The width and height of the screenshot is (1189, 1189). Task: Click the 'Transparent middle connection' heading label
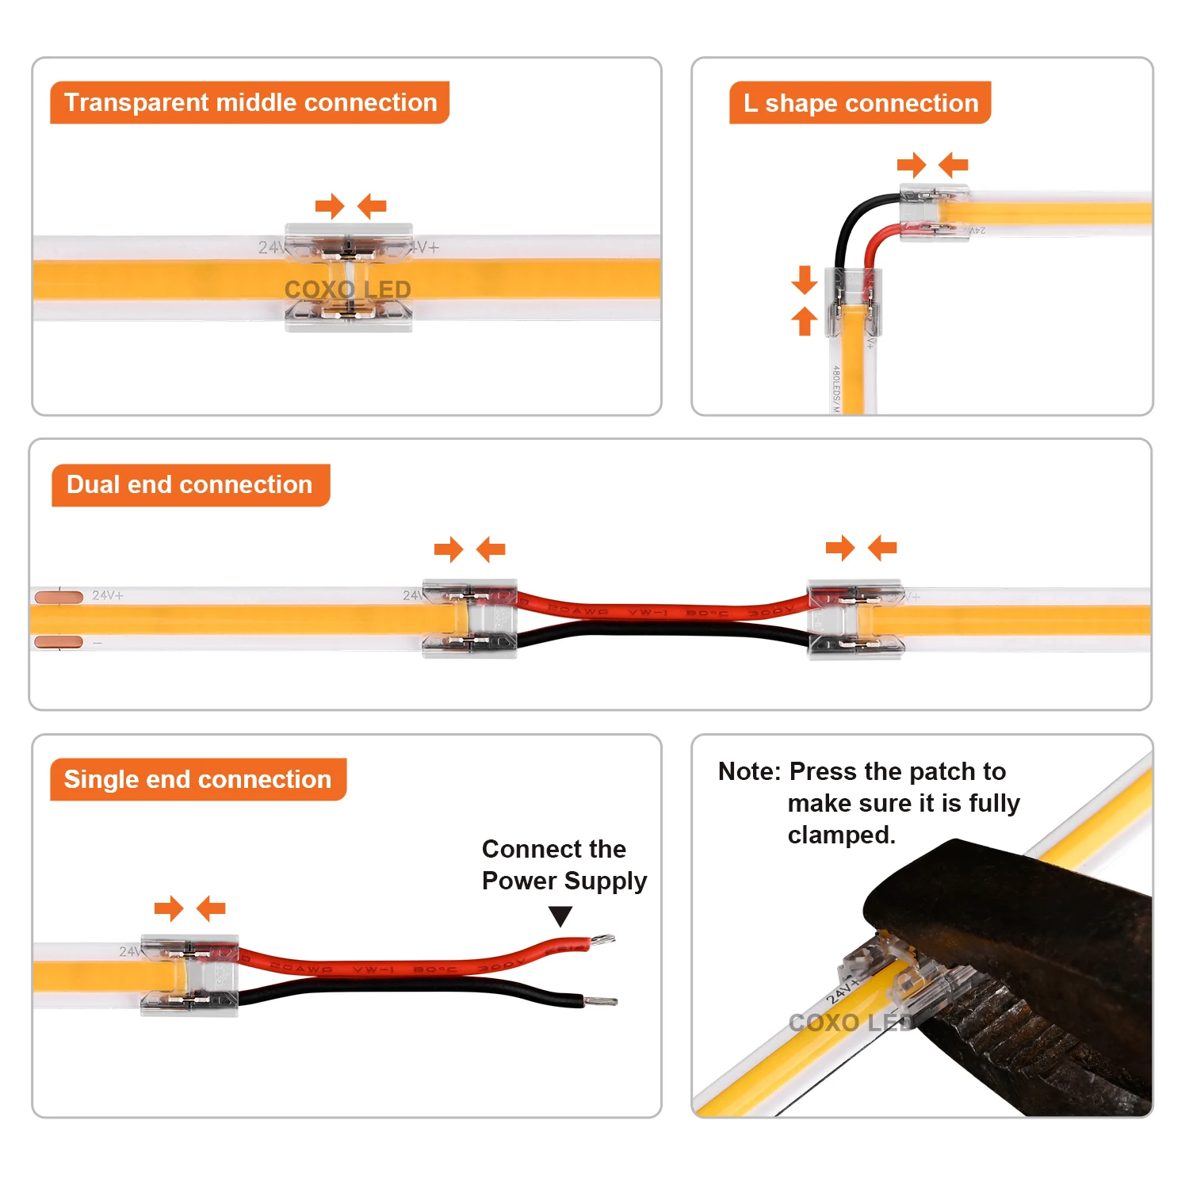click(x=250, y=102)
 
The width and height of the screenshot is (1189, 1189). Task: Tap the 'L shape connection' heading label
click(x=860, y=103)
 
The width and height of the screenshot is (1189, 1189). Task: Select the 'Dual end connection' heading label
click(x=190, y=484)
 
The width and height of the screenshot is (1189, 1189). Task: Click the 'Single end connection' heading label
click(x=198, y=779)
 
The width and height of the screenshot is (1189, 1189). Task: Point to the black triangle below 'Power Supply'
click(x=560, y=916)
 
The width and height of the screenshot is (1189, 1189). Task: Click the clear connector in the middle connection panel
click(x=349, y=277)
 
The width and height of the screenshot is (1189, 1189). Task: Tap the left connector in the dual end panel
click(x=470, y=619)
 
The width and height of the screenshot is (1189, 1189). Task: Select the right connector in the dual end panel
click(x=855, y=619)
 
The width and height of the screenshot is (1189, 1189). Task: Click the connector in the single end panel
click(x=189, y=975)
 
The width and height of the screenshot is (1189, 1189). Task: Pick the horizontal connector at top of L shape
click(x=934, y=212)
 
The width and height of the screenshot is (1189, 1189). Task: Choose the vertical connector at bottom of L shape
click(x=853, y=302)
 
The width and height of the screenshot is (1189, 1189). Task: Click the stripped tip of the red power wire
click(x=602, y=941)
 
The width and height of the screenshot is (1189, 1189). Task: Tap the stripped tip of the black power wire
click(x=602, y=1002)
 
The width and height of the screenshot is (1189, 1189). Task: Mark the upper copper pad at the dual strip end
click(x=59, y=596)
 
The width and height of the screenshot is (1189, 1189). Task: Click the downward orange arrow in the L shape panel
click(x=805, y=280)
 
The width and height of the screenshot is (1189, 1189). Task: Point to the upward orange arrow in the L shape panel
click(x=805, y=321)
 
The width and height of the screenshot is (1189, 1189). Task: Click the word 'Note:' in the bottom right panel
click(x=749, y=771)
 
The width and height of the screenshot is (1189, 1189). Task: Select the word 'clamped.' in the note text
click(x=841, y=835)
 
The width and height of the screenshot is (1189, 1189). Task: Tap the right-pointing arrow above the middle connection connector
click(x=329, y=207)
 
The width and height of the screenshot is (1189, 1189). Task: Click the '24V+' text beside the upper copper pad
click(x=108, y=595)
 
